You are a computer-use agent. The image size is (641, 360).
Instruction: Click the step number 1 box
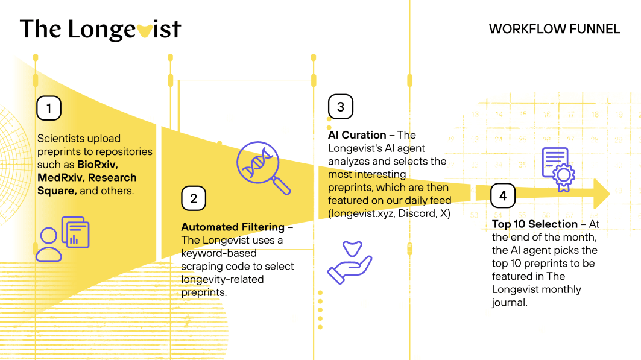point(49,108)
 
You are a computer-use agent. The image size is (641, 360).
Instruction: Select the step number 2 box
point(194,198)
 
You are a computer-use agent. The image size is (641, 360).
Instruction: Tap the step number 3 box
point(341,107)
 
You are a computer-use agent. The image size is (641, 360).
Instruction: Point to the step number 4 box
point(503,195)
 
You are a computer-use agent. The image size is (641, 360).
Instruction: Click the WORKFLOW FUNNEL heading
point(554,29)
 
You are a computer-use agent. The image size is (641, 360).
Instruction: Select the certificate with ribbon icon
point(558,169)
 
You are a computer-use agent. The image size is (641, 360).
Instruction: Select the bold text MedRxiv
point(60,177)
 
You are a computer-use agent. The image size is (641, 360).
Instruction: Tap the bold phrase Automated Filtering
point(232,227)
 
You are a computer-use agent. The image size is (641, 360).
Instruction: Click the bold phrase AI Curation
point(357,134)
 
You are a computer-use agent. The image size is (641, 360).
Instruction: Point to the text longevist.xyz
point(358,214)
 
